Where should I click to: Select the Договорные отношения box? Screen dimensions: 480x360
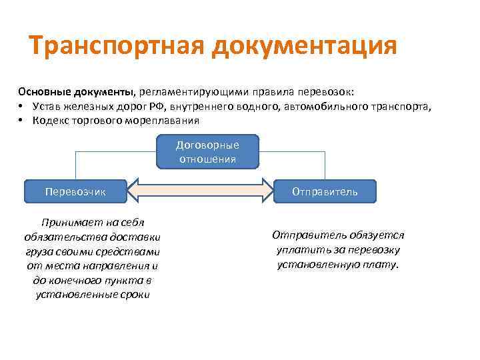point(207,152)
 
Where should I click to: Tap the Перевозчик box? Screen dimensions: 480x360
point(75,191)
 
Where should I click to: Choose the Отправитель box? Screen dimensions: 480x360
point(325,191)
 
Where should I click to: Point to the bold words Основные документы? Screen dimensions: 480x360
point(76,91)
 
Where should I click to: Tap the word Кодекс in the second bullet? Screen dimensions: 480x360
point(46,121)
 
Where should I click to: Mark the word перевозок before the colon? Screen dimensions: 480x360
point(327,91)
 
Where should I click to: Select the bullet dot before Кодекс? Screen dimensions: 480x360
point(22,121)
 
